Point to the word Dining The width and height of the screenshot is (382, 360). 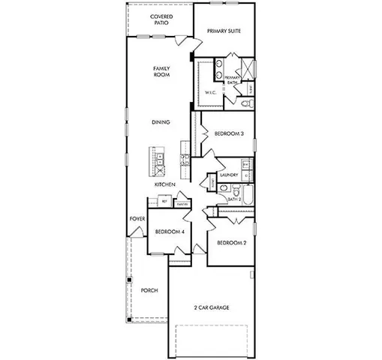[160, 122]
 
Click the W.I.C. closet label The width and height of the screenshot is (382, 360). [211, 92]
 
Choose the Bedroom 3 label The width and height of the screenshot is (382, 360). [229, 133]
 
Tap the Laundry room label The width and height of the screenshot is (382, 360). [229, 175]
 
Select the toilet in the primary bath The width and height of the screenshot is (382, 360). [248, 103]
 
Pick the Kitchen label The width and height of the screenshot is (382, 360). [164, 184]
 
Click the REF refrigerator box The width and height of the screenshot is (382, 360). [164, 202]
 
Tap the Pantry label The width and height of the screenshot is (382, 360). [182, 203]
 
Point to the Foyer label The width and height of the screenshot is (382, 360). [136, 220]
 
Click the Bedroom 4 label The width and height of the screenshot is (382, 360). [170, 232]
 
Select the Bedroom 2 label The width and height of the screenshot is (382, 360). [231, 244]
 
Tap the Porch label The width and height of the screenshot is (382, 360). [149, 291]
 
